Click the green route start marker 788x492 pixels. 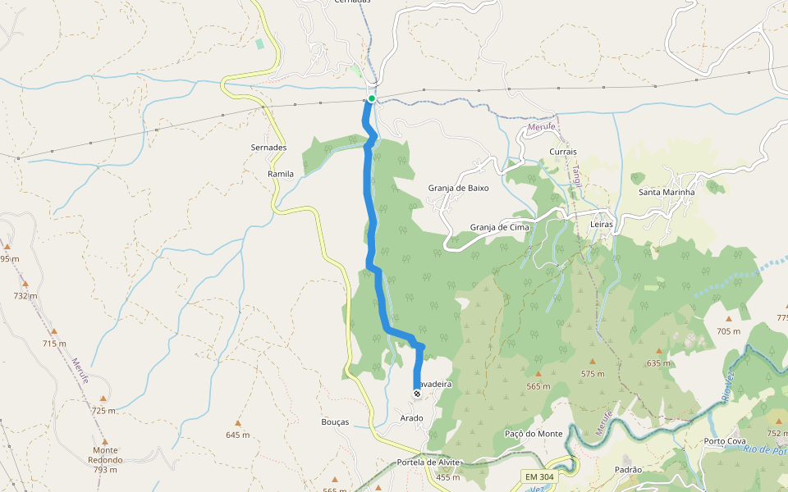pyautogui.click(x=372, y=98)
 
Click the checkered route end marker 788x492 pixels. pyautogui.click(x=417, y=394)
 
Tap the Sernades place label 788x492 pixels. pyautogui.click(x=268, y=147)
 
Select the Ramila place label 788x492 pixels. pyautogui.click(x=281, y=175)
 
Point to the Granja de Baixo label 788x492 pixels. pyautogui.click(x=458, y=188)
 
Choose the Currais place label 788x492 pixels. pyautogui.click(x=562, y=152)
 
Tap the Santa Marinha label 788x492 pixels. pyautogui.click(x=667, y=193)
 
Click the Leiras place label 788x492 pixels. pyautogui.click(x=602, y=224)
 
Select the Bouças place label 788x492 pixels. pyautogui.click(x=335, y=422)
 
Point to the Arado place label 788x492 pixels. pyautogui.click(x=411, y=418)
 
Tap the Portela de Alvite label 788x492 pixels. pyautogui.click(x=428, y=462)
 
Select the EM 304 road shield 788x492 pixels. pyautogui.click(x=538, y=476)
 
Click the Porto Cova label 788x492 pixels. pyautogui.click(x=725, y=441)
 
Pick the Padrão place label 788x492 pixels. pyautogui.click(x=627, y=470)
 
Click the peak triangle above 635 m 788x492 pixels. pyautogui.click(x=658, y=350)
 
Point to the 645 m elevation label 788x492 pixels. pyautogui.click(x=237, y=435)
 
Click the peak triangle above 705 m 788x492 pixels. pyautogui.click(x=728, y=319)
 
